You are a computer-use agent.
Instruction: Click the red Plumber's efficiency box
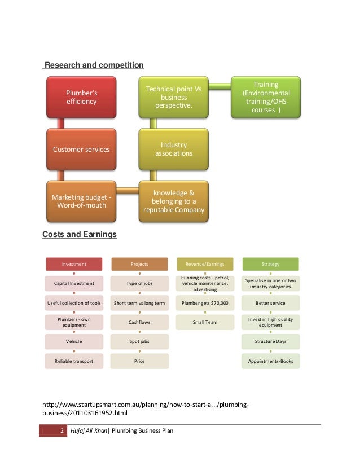pos(81,98)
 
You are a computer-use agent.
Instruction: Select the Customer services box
pos(81,150)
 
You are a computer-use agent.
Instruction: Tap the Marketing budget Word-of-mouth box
pos(81,201)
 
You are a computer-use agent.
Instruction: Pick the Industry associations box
pos(173,150)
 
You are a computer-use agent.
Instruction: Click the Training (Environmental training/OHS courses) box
pos(265,98)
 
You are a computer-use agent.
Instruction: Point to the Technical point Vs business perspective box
pos(173,98)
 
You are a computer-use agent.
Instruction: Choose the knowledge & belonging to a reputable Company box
pos(173,201)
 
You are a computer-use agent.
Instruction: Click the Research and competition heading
pos(94,66)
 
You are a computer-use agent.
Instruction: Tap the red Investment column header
pos(74,264)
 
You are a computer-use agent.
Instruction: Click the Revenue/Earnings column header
pos(205,264)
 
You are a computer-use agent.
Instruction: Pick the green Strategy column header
pos(270,264)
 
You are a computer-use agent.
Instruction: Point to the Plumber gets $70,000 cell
pos(205,303)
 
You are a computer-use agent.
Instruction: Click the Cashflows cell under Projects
pos(139,322)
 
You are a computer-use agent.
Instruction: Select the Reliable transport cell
pos(74,361)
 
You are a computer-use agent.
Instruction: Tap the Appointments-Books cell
pos(270,361)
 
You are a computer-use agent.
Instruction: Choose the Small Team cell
pos(205,322)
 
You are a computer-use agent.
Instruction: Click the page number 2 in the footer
pos(61,431)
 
